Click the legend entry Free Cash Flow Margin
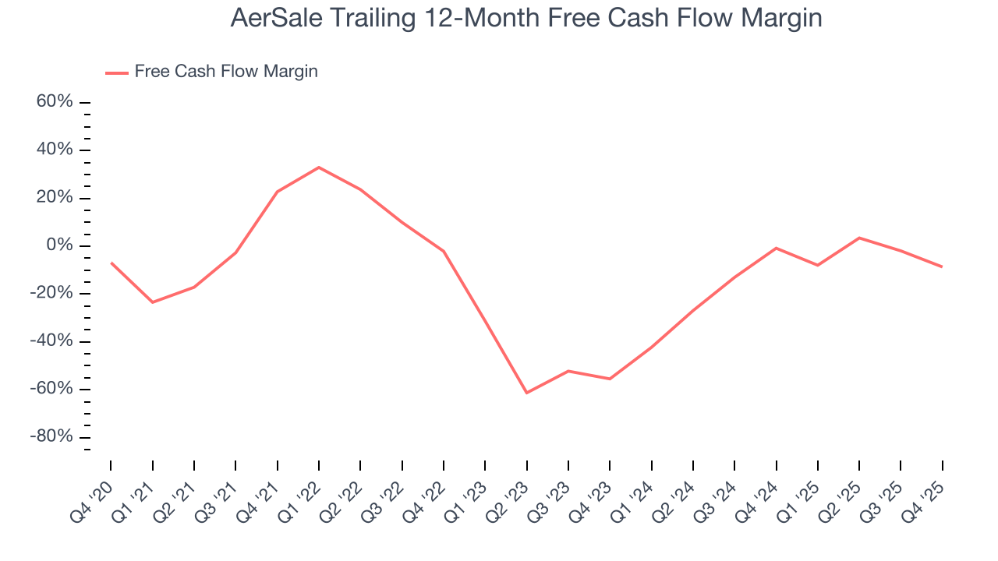(225, 72)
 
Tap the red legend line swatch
(116, 72)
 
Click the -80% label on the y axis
(51, 436)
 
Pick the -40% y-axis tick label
(51, 341)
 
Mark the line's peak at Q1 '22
(319, 167)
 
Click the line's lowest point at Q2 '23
(527, 393)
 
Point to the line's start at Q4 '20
(111, 263)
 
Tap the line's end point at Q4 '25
(942, 266)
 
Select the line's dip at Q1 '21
(152, 302)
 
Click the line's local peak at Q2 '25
(859, 238)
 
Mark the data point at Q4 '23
(610, 379)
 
